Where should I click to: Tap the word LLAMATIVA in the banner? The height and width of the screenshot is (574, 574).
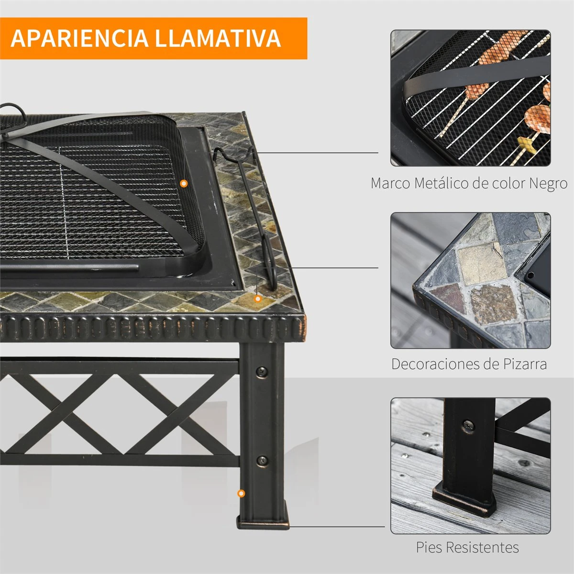218,38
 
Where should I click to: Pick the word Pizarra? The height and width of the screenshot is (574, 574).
525,364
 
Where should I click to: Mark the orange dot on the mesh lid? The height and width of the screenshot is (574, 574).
184,184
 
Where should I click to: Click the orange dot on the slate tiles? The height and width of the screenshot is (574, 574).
258,298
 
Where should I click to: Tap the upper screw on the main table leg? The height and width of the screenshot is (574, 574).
262,372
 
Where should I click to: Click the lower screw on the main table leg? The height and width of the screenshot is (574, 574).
262,461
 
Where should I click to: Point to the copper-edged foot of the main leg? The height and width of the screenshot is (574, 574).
263,521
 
